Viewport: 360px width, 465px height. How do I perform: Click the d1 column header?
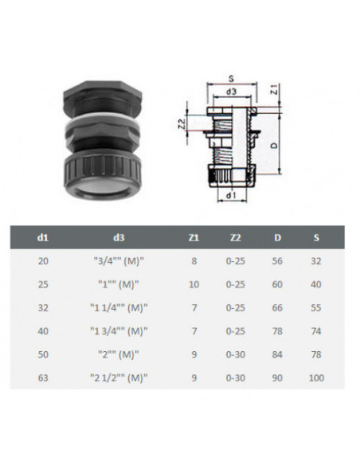point(43,237)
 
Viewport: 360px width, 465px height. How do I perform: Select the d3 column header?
point(119,237)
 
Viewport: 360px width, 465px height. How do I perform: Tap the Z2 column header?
point(236,237)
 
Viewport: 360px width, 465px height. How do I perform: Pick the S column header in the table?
point(316,237)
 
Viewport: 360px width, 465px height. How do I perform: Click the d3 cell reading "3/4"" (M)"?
point(119,261)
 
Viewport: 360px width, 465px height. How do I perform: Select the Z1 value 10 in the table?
point(194,284)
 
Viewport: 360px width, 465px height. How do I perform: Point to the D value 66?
point(277,308)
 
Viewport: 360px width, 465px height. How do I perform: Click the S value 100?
point(316,377)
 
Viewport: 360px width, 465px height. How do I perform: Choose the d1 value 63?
point(43,377)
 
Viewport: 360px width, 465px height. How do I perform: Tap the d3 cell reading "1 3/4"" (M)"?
point(119,331)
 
